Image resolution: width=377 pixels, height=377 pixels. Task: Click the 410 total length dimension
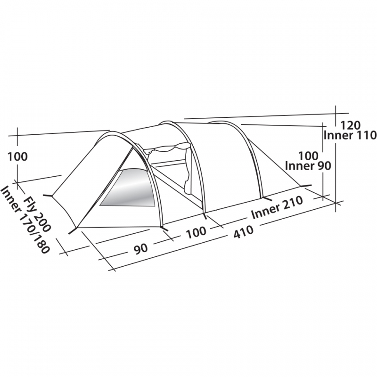(x=244, y=232)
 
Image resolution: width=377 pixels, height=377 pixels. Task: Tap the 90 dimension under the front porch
(x=141, y=248)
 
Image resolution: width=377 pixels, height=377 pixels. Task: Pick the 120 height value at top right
(x=351, y=125)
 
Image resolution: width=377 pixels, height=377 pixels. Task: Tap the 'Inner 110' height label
(x=350, y=135)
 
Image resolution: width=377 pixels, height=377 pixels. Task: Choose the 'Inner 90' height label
(x=308, y=166)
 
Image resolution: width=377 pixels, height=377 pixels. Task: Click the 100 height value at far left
(x=18, y=157)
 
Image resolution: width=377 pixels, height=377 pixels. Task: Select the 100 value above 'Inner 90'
(x=309, y=156)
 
